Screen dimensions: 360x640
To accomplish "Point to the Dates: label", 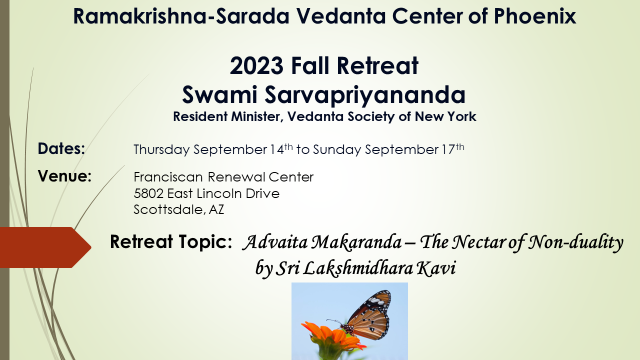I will [61, 148].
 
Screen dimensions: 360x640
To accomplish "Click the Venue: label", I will [64, 176].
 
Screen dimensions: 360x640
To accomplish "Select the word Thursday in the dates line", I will [161, 149].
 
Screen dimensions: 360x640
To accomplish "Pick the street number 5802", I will [148, 193].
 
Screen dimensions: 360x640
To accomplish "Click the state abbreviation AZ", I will [216, 210].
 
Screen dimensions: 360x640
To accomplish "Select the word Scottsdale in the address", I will [168, 210].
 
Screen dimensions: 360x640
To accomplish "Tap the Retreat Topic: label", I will [170, 242].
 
